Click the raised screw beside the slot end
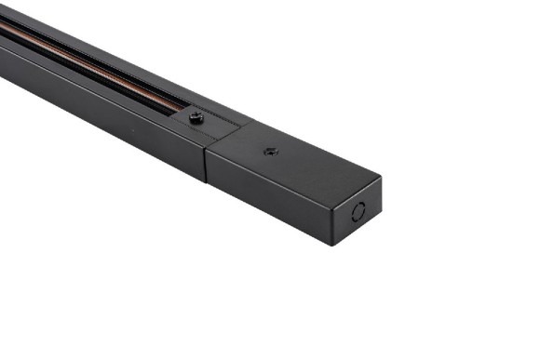click(196, 117)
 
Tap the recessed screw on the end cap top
click(270, 151)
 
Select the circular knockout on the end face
click(358, 211)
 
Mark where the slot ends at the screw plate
click(179, 113)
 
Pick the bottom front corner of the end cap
click(332, 245)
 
